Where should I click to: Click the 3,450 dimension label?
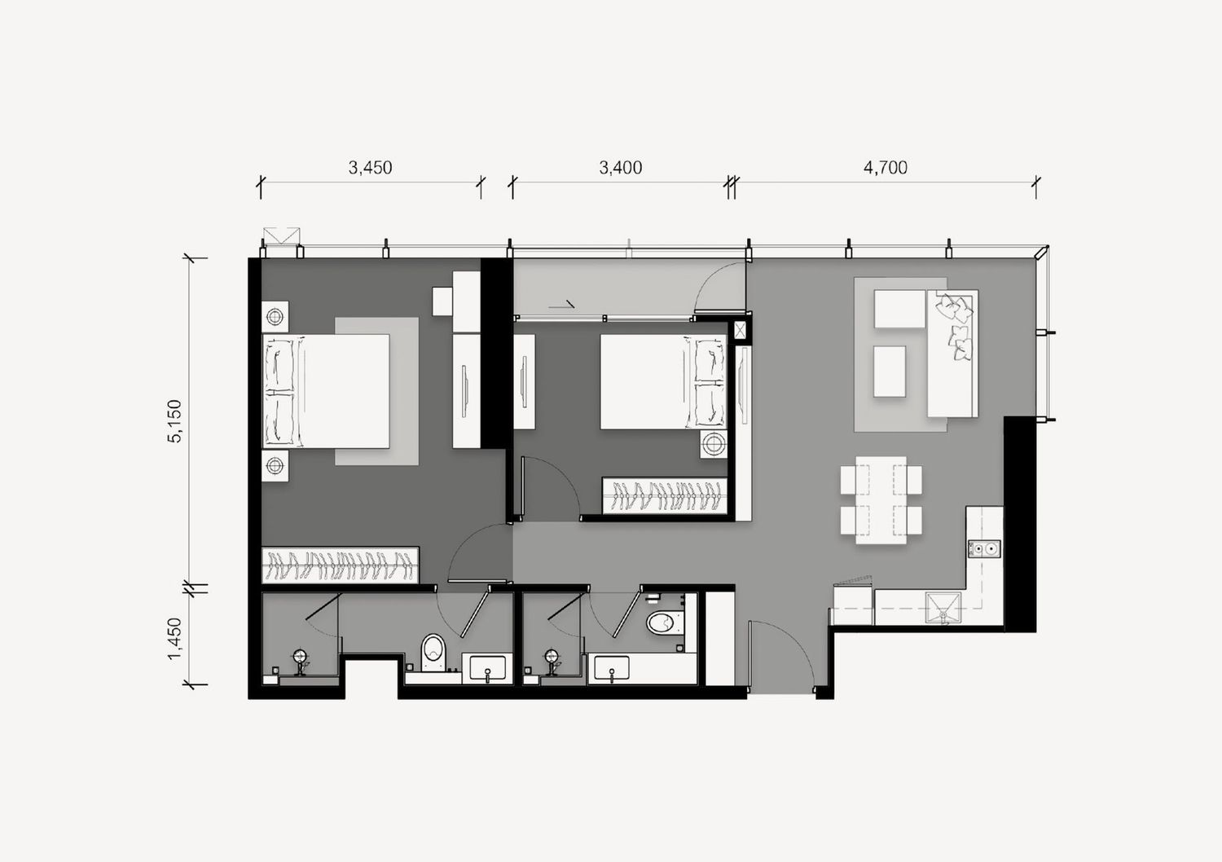(371, 168)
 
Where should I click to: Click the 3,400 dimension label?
(621, 168)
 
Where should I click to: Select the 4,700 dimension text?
(886, 168)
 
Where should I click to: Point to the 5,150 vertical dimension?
(175, 420)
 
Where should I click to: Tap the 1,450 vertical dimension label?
(175, 638)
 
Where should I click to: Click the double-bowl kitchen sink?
(985, 548)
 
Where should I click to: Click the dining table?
(881, 500)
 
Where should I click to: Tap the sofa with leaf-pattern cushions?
(952, 354)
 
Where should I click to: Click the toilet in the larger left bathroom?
(433, 653)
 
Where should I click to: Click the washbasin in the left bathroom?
(487, 668)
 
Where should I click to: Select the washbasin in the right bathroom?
(612, 668)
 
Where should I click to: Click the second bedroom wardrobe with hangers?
(665, 496)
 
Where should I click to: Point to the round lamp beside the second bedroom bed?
(714, 444)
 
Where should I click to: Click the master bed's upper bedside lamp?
(275, 316)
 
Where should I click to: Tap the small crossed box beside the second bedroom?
(740, 329)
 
